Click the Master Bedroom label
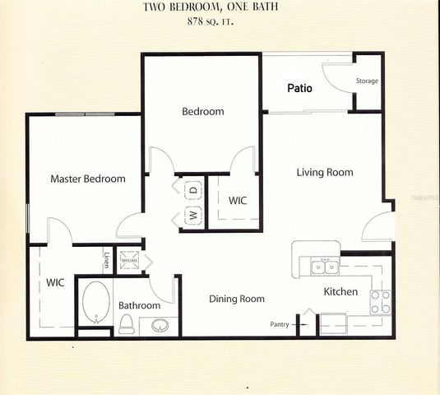pyautogui.click(x=88, y=179)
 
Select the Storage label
pyautogui.click(x=367, y=81)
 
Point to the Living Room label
pyautogui.click(x=325, y=173)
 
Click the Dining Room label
pyautogui.click(x=236, y=299)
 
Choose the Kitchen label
pyautogui.click(x=340, y=292)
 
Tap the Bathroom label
pyautogui.click(x=139, y=305)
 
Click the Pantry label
pyautogui.click(x=279, y=324)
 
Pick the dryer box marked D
pyautogui.click(x=193, y=190)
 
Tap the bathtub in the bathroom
pyautogui.click(x=95, y=302)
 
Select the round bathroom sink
pyautogui.click(x=160, y=325)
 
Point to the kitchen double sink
pyautogui.click(x=322, y=267)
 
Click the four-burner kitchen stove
pyautogui.click(x=380, y=303)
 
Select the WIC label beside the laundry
pyautogui.click(x=238, y=200)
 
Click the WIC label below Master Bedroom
pyautogui.click(x=55, y=282)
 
